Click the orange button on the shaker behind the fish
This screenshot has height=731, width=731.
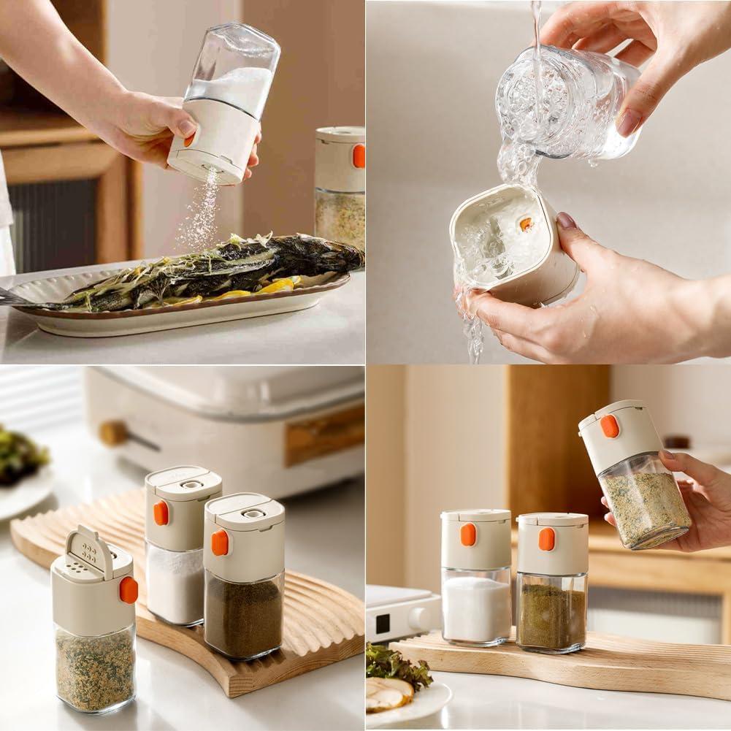[359, 156]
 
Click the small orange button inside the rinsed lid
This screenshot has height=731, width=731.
[526, 224]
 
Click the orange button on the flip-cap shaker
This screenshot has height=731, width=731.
[129, 590]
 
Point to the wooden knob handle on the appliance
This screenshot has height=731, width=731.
[114, 433]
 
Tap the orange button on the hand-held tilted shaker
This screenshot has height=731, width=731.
[610, 426]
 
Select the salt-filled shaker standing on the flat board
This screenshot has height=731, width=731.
[476, 577]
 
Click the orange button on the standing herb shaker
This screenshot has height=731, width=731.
[546, 539]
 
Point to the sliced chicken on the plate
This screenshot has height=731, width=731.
[387, 694]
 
